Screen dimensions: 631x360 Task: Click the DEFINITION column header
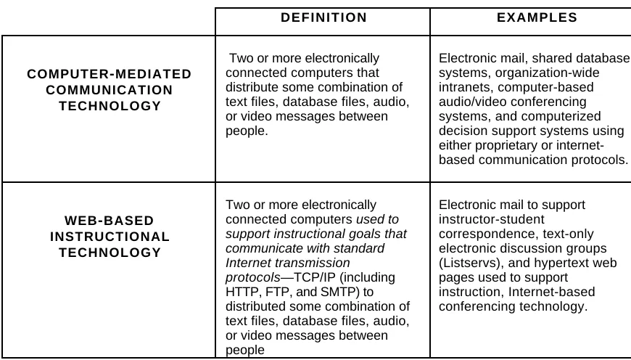[x=323, y=17]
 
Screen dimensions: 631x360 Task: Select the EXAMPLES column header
[x=537, y=17]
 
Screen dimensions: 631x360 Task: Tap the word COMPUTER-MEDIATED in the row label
[x=109, y=74]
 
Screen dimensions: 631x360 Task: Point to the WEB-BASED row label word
[x=109, y=221]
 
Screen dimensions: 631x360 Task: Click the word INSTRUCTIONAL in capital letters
[x=110, y=237]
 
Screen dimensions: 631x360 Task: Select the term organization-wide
[x=547, y=73]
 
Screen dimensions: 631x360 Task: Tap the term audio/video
[x=468, y=102]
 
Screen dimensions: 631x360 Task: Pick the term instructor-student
[x=491, y=219]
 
